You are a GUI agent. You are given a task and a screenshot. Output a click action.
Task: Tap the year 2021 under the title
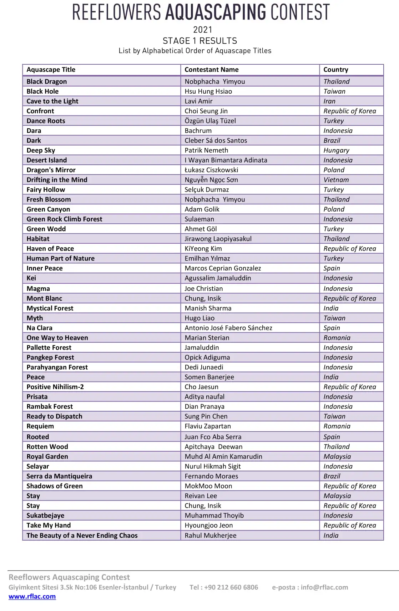coord(202,30)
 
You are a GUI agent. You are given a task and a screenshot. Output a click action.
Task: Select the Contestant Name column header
coord(211,70)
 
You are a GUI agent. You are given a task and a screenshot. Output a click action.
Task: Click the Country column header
coord(335,70)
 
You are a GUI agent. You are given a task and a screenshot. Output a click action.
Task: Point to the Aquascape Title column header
coord(51,70)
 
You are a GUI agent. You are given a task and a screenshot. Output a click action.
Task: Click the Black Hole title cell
coord(42,91)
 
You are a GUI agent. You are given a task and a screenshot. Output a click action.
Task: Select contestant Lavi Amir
coord(198,101)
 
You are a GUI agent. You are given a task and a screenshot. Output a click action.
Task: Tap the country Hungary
coord(336,150)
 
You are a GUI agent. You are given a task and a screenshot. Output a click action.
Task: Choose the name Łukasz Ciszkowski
coord(211,170)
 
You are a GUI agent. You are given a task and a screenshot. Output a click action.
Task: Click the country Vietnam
coord(336,180)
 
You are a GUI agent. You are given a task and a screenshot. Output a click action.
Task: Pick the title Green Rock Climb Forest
coord(64,219)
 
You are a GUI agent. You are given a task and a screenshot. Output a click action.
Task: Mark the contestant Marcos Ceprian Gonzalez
coord(223,268)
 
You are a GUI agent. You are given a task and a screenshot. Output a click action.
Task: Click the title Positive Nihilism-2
coord(55,387)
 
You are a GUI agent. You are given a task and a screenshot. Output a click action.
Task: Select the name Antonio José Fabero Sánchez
coord(228,328)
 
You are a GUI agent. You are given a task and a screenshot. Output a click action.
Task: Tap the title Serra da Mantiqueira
coord(59,476)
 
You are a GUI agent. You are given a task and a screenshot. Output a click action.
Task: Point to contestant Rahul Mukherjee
coord(210,535)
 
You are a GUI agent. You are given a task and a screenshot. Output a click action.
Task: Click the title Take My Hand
coord(49,525)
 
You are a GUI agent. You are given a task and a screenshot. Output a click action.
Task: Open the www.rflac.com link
coord(32,596)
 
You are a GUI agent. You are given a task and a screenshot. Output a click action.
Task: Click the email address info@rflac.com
coord(324,587)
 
